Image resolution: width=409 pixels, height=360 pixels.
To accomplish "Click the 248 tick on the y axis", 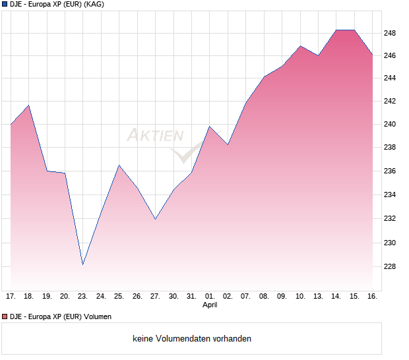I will coord(390,32).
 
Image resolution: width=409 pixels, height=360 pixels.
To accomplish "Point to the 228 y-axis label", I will coord(390,266).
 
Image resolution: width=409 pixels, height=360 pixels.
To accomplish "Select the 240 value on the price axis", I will coord(390,124).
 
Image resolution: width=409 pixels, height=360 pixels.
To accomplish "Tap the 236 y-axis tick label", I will coord(390,171).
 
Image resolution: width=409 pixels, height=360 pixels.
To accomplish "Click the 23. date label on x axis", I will coord(83,296).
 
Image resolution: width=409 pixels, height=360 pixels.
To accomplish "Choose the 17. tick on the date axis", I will coord(11,296).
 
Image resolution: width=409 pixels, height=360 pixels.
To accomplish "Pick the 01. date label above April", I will coord(210,296).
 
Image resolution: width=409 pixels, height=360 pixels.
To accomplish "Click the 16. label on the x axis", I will coord(372,296).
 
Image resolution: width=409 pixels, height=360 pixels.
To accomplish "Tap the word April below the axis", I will coord(210,305).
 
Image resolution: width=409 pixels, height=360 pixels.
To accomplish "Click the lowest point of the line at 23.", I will coord(83,264).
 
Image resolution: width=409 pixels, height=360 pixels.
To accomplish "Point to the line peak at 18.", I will coord(28,105).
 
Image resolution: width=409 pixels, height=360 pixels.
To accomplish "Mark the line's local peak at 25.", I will coord(119,165).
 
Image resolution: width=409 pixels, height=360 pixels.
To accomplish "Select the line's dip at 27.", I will coord(156,219).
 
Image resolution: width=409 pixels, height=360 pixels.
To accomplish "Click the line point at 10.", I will coord(300,46).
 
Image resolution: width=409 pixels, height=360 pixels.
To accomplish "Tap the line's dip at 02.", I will coord(228,144).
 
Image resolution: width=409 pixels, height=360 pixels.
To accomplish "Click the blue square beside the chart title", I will coord(4,4).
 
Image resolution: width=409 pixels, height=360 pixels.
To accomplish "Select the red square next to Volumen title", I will coord(4,316).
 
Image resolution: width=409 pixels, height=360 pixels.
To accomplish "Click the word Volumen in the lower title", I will coord(96,316).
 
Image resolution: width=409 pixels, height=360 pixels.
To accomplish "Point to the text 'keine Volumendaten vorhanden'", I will coord(192,338).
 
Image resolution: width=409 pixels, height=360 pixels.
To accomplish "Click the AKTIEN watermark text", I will coord(155,136).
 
